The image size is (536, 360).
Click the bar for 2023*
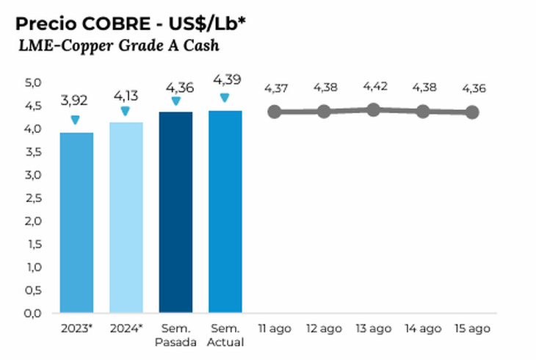76,223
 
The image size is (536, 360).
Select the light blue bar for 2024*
126,217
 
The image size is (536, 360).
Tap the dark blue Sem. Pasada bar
175,212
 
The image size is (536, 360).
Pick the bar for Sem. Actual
225,212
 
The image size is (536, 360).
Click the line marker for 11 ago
275,112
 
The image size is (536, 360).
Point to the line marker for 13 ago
373,109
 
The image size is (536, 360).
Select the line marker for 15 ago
472,112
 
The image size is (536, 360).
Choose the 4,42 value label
374,87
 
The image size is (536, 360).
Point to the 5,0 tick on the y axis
32,83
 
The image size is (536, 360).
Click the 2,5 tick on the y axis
32,198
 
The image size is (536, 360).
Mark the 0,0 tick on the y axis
32,313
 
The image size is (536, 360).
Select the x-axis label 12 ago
324,328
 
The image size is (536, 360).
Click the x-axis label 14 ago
424,328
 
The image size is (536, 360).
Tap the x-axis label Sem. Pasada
175,335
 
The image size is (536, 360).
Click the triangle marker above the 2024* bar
125,111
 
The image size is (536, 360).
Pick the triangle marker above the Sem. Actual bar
225,98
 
